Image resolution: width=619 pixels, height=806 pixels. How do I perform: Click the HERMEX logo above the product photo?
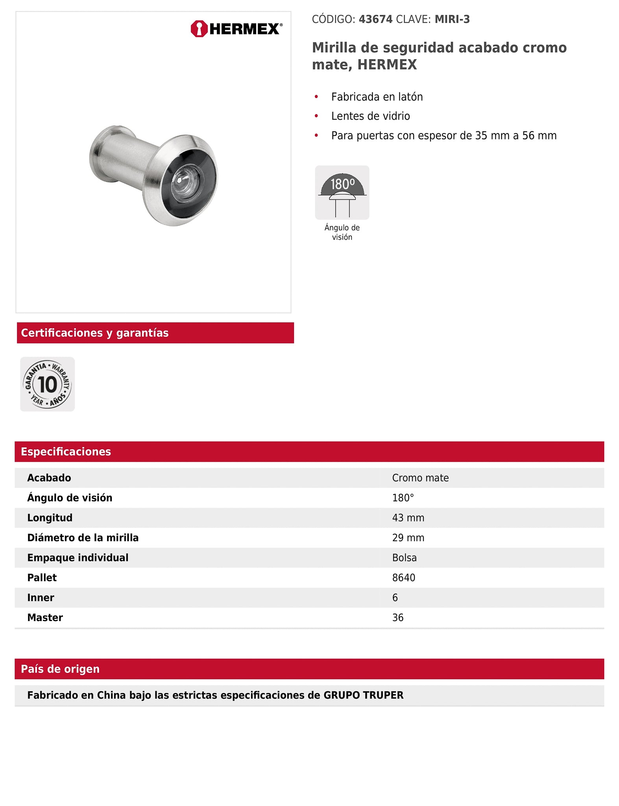(x=236, y=29)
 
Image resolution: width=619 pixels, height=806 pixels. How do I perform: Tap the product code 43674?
(x=375, y=19)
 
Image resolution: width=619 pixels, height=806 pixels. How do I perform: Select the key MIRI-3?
(x=452, y=19)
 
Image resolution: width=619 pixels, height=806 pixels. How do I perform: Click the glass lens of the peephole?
(x=187, y=183)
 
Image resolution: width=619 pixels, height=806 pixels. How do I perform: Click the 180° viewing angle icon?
(x=342, y=192)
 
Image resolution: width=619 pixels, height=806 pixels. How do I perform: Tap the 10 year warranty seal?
(x=48, y=384)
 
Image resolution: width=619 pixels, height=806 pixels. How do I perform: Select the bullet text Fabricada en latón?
(x=377, y=97)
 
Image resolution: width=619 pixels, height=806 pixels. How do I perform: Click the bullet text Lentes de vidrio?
(x=370, y=116)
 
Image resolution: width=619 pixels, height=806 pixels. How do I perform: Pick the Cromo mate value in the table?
(x=420, y=478)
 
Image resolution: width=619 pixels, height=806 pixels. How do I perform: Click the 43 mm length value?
(x=408, y=518)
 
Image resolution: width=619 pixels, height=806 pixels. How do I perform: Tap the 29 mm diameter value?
(x=408, y=538)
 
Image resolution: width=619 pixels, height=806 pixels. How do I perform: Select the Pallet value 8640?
(x=403, y=578)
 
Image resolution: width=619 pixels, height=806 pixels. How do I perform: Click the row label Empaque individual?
(x=78, y=558)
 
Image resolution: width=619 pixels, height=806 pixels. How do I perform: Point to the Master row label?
(x=45, y=617)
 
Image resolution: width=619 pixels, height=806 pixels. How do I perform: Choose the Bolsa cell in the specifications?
(x=404, y=558)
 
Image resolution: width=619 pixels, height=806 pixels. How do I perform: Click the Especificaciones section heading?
(x=66, y=451)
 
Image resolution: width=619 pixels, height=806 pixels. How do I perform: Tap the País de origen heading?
(x=60, y=669)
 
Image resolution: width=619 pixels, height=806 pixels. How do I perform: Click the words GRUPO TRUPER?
(x=363, y=695)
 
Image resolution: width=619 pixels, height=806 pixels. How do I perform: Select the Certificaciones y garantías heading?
(x=94, y=333)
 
